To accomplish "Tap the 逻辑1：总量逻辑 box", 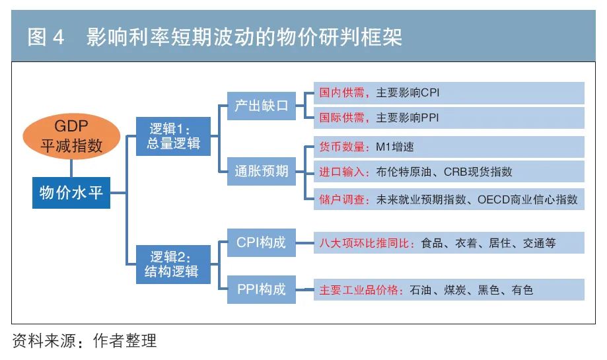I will pos(173,135).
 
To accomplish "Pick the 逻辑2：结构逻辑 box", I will pos(173,264).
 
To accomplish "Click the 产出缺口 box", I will pos(262,106).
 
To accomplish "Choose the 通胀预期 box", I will pos(262,172).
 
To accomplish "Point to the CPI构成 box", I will pos(262,242).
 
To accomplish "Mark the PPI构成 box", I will pos(262,289).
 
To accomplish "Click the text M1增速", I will pos(394,147).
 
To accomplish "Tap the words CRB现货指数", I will pos(478,172).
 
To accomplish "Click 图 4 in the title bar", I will pos(46,38).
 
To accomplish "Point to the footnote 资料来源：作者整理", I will pos(85,342).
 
